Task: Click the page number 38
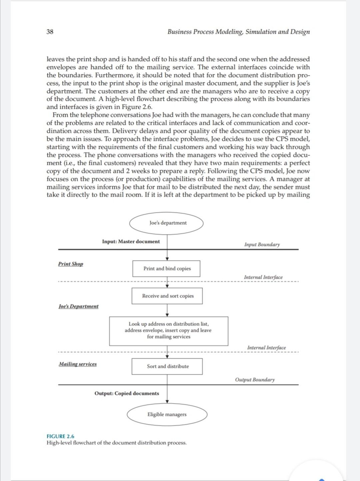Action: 50,32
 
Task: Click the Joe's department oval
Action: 166,223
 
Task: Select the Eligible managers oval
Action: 167,415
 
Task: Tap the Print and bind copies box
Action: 166,269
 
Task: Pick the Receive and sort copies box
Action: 167,296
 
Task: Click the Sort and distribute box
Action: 167,366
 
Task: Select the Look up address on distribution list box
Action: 169,331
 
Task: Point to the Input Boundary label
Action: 262,245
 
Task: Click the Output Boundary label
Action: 255,380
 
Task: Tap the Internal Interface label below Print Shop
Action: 263,277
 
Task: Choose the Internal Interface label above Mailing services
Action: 266,348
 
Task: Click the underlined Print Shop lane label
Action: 70,264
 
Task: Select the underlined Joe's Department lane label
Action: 78,306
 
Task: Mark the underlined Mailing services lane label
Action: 78,364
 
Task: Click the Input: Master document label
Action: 131,242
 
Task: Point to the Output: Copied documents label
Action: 127,393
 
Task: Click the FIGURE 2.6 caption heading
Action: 60,436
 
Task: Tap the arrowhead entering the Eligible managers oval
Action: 167,402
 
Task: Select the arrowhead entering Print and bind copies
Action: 167,259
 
